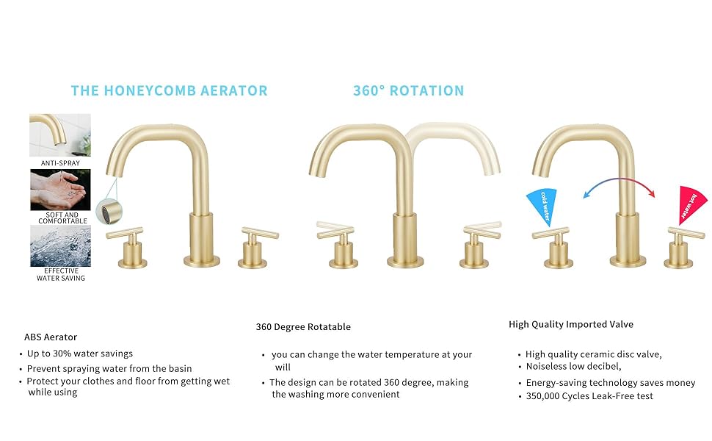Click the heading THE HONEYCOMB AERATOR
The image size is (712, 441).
click(x=169, y=91)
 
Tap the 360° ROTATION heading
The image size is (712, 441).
click(x=408, y=91)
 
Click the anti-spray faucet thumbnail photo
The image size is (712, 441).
click(x=60, y=135)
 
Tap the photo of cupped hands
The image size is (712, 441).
click(x=60, y=190)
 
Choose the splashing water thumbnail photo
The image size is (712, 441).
click(x=60, y=246)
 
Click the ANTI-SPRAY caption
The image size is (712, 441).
click(x=60, y=163)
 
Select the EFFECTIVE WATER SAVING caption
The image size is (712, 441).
click(x=61, y=275)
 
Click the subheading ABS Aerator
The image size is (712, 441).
click(x=51, y=337)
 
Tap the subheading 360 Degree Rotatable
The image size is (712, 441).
click(x=303, y=327)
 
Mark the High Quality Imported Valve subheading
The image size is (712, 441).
click(x=571, y=324)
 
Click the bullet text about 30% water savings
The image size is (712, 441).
click(x=80, y=354)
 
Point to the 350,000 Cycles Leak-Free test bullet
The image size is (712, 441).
click(x=589, y=396)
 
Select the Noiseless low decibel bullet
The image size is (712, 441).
click(x=573, y=367)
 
